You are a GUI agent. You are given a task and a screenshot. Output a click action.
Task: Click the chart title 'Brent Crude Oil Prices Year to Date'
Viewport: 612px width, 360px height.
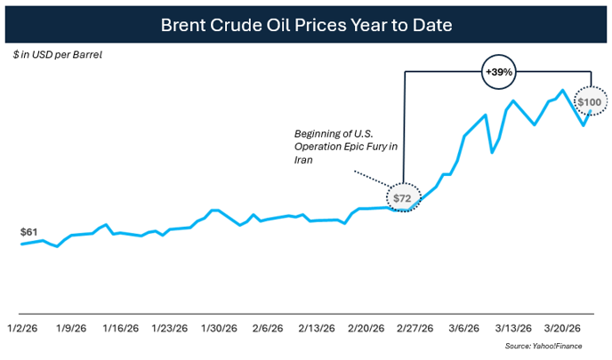pos(306,24)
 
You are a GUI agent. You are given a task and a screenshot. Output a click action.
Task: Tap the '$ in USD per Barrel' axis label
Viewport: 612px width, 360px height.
pos(58,54)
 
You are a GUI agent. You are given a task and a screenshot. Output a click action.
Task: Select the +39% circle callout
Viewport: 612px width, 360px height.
pos(497,71)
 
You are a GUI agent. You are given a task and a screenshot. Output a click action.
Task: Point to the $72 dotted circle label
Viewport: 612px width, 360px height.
pos(402,198)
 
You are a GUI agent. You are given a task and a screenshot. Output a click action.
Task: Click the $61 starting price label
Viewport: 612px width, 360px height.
pos(29,232)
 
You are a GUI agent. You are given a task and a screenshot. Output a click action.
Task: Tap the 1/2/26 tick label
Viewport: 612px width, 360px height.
pos(21,327)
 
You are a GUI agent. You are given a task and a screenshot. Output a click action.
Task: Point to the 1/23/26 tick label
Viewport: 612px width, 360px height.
pos(169,327)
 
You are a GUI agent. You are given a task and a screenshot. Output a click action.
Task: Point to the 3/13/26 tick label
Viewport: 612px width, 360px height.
pos(513,327)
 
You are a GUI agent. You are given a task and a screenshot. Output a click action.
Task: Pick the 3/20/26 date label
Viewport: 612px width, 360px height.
pos(563,327)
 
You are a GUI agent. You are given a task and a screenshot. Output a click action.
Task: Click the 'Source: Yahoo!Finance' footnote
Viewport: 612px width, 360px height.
pos(554,345)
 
